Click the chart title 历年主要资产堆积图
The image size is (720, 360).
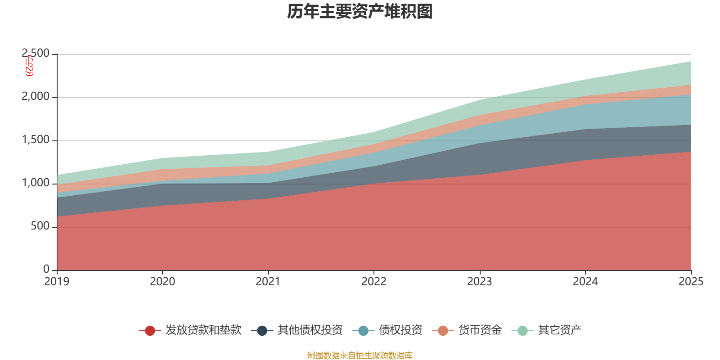(360, 12)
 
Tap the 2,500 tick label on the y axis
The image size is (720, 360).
(36, 54)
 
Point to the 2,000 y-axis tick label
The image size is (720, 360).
(36, 97)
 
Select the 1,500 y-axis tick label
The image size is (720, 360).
(36, 140)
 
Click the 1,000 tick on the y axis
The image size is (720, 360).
(36, 183)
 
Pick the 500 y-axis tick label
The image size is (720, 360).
(40, 226)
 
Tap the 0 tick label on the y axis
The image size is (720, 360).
(46, 269)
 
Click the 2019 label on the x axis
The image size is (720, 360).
(57, 282)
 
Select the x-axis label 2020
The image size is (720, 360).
(162, 282)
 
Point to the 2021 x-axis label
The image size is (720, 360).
(268, 282)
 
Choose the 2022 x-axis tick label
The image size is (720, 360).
(374, 282)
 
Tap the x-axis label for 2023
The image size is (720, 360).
(480, 282)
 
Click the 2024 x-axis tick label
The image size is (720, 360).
(585, 282)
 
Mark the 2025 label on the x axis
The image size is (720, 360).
(690, 282)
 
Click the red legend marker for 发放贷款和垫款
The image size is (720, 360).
(150, 331)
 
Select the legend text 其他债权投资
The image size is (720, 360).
(310, 330)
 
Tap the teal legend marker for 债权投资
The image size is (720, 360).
(363, 331)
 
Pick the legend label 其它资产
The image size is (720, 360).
(560, 330)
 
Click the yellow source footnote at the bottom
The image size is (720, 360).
(360, 355)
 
